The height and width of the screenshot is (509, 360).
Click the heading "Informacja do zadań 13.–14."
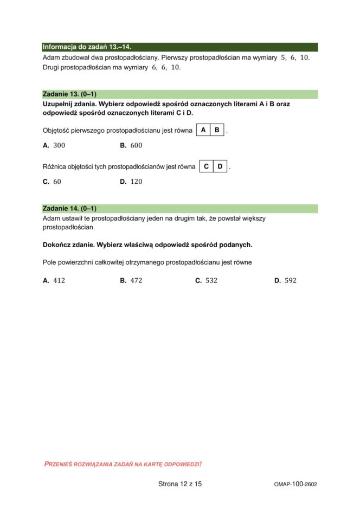(x=87, y=47)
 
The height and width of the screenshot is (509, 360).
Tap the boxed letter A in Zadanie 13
(x=203, y=130)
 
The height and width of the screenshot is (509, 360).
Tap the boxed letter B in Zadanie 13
(x=217, y=130)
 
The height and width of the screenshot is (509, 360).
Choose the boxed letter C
(x=207, y=166)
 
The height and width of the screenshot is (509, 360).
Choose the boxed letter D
(x=221, y=166)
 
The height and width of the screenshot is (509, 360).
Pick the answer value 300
(x=59, y=145)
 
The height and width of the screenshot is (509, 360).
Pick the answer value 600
(x=136, y=145)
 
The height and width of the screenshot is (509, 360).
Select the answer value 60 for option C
(x=57, y=182)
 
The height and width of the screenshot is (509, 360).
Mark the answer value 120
(x=136, y=182)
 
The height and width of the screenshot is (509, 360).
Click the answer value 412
(x=59, y=280)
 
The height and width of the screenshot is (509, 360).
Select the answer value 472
(x=136, y=280)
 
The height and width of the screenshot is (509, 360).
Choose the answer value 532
(x=211, y=280)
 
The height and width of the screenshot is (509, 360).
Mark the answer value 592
(x=291, y=280)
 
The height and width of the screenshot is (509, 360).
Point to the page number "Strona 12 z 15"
(x=180, y=484)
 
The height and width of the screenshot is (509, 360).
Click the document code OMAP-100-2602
(x=295, y=484)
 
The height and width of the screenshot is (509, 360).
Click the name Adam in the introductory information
(x=50, y=57)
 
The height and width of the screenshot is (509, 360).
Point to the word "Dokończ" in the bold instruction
(x=57, y=244)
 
